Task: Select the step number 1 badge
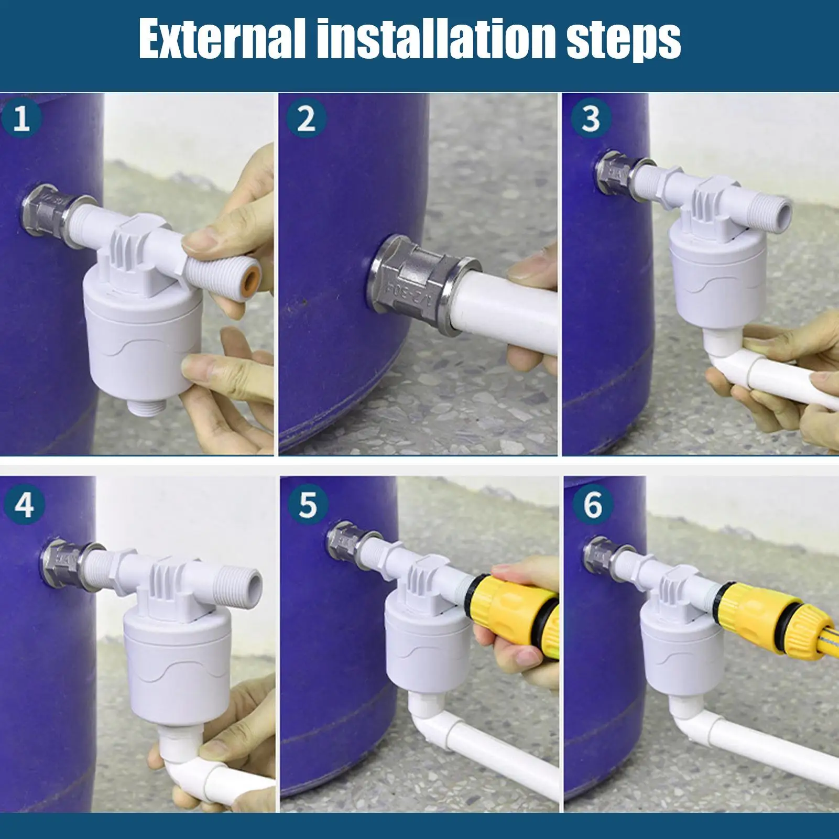pyautogui.click(x=21, y=118)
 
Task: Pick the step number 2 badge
pyautogui.click(x=306, y=118)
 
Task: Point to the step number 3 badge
pyautogui.click(x=591, y=118)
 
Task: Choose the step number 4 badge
pyautogui.click(x=24, y=505)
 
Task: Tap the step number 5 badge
pyautogui.click(x=308, y=505)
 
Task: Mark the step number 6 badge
pyautogui.click(x=593, y=505)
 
